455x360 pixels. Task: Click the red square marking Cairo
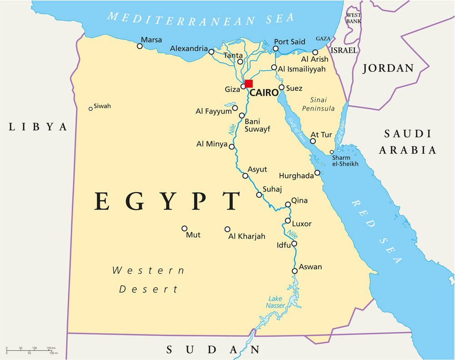pyautogui.click(x=248, y=84)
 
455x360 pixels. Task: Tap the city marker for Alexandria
pyautogui.click(x=211, y=52)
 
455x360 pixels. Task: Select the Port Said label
pyautogui.click(x=289, y=42)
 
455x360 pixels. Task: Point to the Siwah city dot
pyautogui.click(x=91, y=108)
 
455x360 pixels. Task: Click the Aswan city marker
pyautogui.click(x=295, y=271)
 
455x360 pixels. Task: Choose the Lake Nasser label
pyautogui.click(x=275, y=302)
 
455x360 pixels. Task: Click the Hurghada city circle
pyautogui.click(x=317, y=173)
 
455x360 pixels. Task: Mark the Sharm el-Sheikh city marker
pyautogui.click(x=332, y=152)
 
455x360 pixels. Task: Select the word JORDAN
pyautogui.click(x=388, y=69)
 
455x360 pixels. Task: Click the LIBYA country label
pyautogui.click(x=38, y=127)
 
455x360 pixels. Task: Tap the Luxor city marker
pyautogui.click(x=288, y=221)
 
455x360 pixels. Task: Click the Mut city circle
pyautogui.click(x=184, y=229)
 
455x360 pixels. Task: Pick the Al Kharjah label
pyautogui.click(x=247, y=236)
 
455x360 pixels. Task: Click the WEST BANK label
pyautogui.click(x=354, y=18)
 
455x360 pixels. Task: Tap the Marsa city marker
pyautogui.click(x=140, y=46)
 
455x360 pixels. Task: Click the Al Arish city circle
pyautogui.click(x=315, y=52)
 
